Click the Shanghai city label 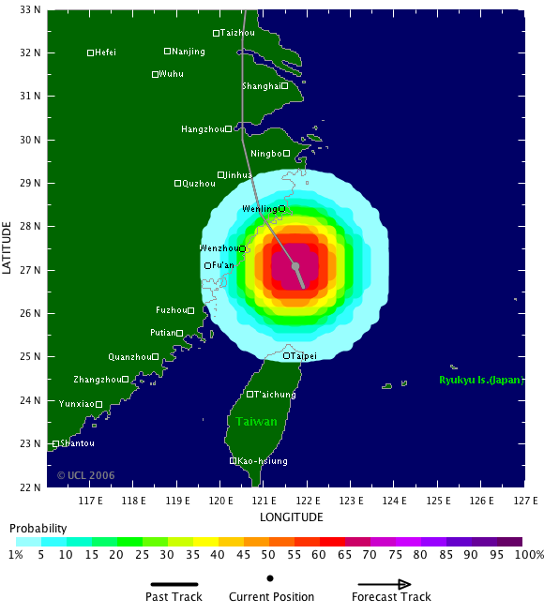[x=261, y=86]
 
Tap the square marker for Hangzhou [x=228, y=129]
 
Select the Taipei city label [x=303, y=356]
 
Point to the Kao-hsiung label [x=263, y=461]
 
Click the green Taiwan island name [x=256, y=422]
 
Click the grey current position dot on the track [x=295, y=266]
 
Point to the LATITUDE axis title [x=8, y=247]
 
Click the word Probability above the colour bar [x=38, y=530]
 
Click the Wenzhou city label [x=219, y=248]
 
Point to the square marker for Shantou [x=55, y=444]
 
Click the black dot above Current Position [x=270, y=578]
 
